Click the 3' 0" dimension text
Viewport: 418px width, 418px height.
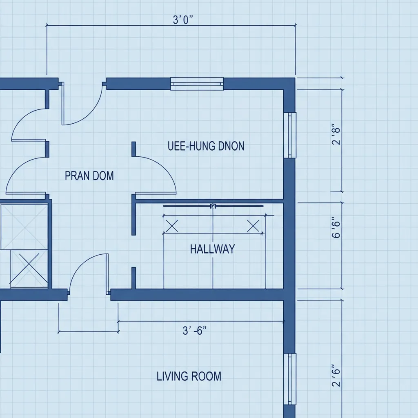click(x=183, y=20)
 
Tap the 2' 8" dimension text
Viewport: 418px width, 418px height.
click(x=336, y=134)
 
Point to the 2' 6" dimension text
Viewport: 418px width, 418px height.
click(x=336, y=376)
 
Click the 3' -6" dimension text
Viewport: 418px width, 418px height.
click(x=195, y=331)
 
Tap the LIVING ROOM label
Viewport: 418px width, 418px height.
click(x=189, y=376)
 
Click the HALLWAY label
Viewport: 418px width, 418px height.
click(x=212, y=249)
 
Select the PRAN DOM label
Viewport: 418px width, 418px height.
click(x=89, y=176)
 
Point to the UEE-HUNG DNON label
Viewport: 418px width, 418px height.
click(x=206, y=146)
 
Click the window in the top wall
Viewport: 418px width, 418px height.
click(x=197, y=84)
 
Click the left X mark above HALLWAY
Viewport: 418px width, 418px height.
click(x=172, y=226)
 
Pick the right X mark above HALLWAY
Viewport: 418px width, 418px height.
click(x=253, y=226)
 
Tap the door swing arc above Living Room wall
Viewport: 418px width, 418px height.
click(x=80, y=265)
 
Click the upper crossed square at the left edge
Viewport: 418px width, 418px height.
click(x=24, y=227)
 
